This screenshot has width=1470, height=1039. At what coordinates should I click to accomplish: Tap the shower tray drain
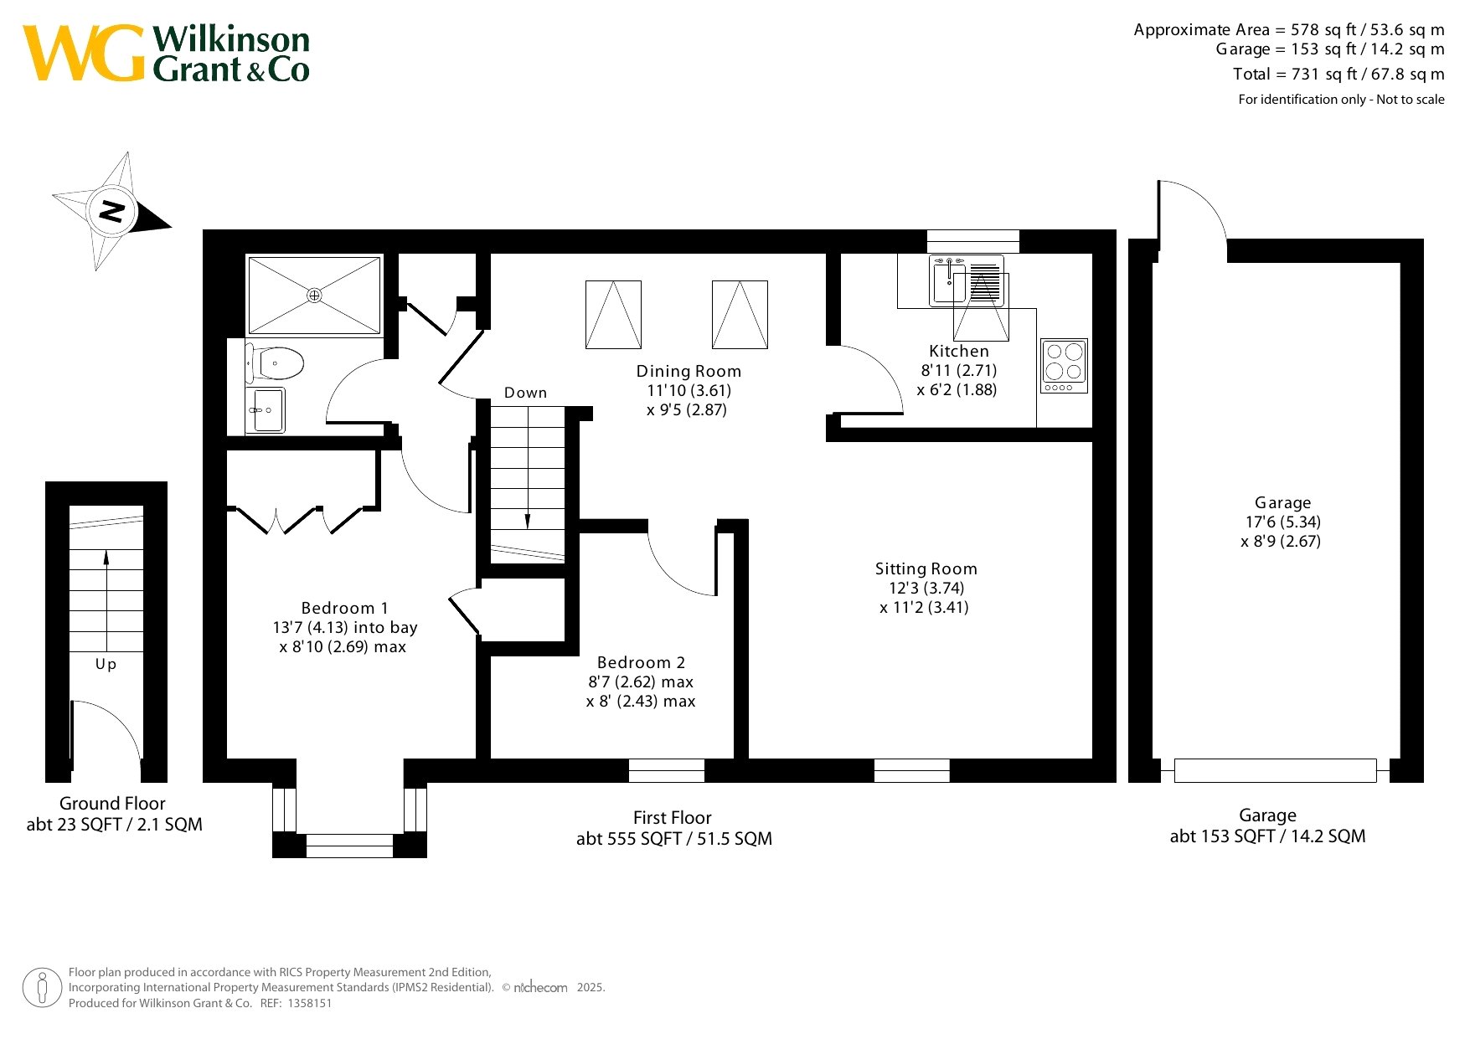coord(314,295)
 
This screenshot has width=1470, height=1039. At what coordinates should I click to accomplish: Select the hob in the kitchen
coord(1064,366)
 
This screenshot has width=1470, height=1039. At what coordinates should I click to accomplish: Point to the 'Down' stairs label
coord(525,393)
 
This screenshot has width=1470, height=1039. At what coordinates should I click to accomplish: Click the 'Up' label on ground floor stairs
coord(106,664)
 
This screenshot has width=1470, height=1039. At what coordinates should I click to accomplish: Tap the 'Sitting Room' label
coord(926,568)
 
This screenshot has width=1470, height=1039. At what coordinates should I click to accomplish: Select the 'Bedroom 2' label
coord(641,662)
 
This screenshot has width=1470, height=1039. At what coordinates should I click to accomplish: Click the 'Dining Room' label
coord(689,371)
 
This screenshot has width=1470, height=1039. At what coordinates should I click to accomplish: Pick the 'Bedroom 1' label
coord(344,608)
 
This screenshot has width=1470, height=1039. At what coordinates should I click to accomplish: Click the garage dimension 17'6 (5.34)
coord(1282,522)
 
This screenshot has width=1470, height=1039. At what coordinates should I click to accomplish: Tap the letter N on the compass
coord(112,210)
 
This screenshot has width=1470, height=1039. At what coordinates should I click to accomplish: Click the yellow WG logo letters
coord(84,53)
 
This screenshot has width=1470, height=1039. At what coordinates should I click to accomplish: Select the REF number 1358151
coord(310,1003)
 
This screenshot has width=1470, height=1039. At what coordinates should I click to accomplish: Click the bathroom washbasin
coord(266,410)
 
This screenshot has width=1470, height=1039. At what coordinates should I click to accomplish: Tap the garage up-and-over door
coord(1275,770)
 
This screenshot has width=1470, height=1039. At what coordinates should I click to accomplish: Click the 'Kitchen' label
coord(959,351)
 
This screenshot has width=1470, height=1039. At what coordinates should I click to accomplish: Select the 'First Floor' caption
coord(672,817)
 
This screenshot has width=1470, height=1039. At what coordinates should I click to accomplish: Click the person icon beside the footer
coord(42,988)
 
